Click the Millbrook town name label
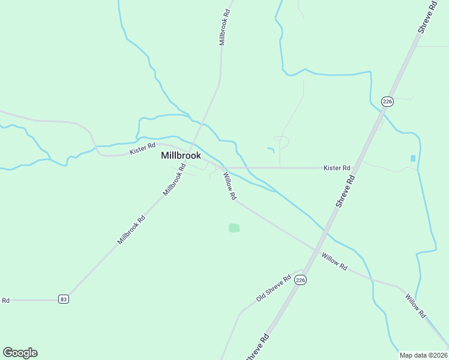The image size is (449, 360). pyautogui.click(x=181, y=155)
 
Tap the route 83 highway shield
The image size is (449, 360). pyautogui.click(x=63, y=299)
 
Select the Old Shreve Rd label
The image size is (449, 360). pyautogui.click(x=273, y=288)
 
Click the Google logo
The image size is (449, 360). pyautogui.click(x=20, y=353)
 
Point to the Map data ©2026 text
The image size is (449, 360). pyautogui.click(x=423, y=355)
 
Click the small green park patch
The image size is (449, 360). pyautogui.click(x=234, y=228)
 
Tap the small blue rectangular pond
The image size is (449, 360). pyautogui.click(x=412, y=158)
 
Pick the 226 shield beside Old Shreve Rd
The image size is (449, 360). pyautogui.click(x=301, y=280)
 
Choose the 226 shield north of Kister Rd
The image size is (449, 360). pyautogui.click(x=387, y=101)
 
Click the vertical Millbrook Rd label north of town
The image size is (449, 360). pyautogui.click(x=225, y=26)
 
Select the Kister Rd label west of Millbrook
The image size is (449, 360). pyautogui.click(x=143, y=148)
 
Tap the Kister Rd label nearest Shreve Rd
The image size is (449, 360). pyautogui.click(x=337, y=168)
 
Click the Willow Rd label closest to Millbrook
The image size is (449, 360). pyautogui.click(x=230, y=186)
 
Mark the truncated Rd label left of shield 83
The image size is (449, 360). pyautogui.click(x=6, y=300)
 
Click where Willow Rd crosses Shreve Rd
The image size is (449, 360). pyautogui.click(x=316, y=249)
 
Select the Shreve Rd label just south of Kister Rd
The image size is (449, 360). pyautogui.click(x=346, y=191)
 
